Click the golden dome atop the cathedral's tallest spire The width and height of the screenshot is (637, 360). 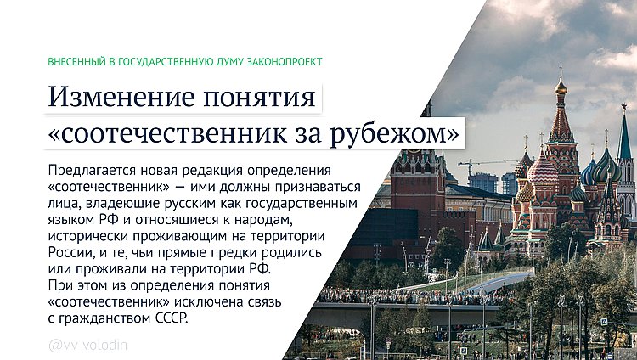561,87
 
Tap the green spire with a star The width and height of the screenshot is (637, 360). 625,127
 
